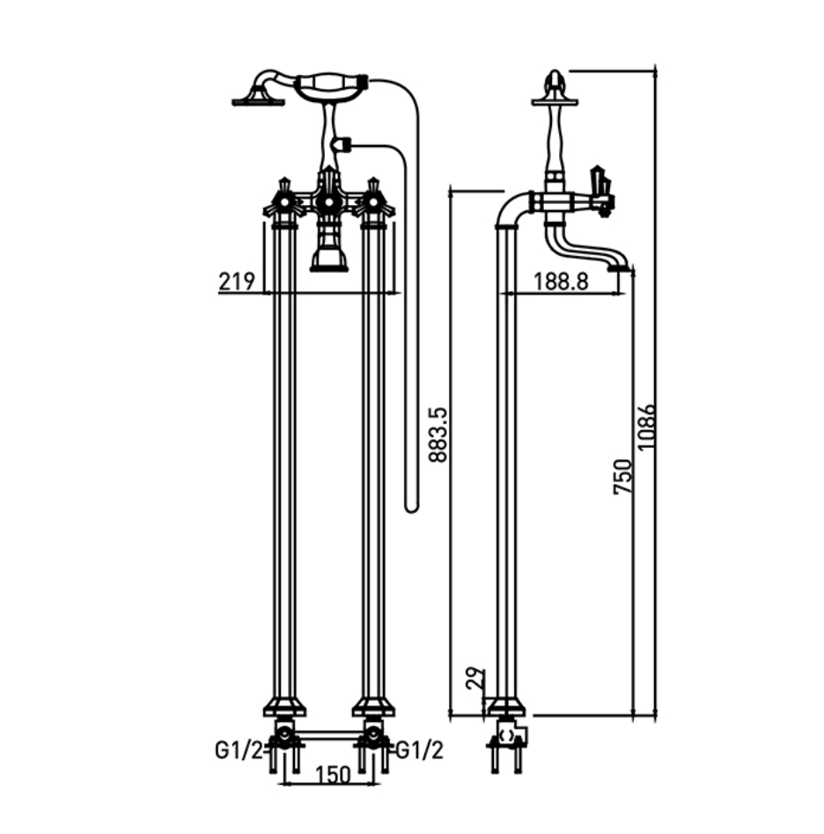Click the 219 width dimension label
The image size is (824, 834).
pos(236,281)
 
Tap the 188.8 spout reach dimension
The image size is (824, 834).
pos(561,281)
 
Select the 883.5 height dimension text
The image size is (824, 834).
pos(438,435)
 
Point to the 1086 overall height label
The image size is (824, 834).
pos(646,427)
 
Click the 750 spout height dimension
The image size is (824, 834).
pos(622,477)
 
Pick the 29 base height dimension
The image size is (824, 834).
pos(475,678)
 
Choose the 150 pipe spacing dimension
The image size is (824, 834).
pos(333,774)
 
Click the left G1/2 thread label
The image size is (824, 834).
pos(239,750)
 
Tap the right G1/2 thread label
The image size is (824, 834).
pos(419,750)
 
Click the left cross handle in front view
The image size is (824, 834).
pos(284,201)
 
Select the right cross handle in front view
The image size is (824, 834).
pos(373,201)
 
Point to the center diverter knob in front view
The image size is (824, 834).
pos(329,201)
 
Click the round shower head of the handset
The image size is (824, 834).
pos(258,100)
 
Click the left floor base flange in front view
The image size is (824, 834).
pos(284,706)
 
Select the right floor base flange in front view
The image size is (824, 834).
pos(373,706)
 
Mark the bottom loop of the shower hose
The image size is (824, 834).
pos(411,508)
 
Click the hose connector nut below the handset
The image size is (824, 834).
pos(342,143)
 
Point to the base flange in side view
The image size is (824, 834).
pos(505,706)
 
